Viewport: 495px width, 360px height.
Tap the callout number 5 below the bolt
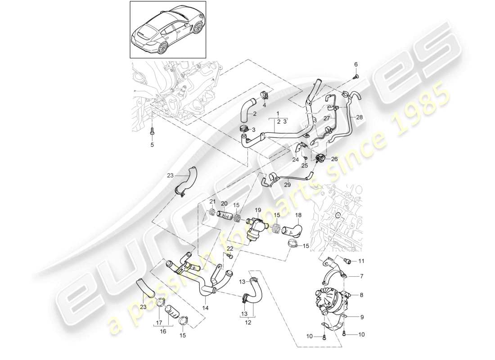click(152, 145)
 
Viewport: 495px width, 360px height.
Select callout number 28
click(358, 117)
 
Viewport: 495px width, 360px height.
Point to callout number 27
click(327, 118)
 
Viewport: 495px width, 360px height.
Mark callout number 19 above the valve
click(258, 210)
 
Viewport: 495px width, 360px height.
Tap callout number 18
click(298, 216)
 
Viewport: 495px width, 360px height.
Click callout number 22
click(230, 249)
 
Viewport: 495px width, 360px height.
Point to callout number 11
click(362, 261)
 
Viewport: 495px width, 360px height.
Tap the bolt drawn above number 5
click(152, 130)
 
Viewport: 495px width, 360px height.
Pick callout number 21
click(213, 201)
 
